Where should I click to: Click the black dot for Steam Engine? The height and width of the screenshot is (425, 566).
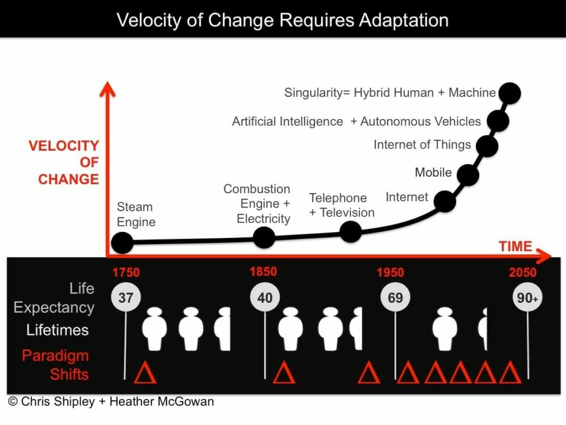click(x=122, y=242)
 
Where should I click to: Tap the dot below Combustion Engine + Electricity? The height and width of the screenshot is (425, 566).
click(x=264, y=237)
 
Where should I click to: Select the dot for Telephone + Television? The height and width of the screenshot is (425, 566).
click(x=350, y=231)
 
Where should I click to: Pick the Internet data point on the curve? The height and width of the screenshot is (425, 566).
click(x=445, y=201)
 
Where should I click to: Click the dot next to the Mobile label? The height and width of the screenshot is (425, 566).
click(x=468, y=175)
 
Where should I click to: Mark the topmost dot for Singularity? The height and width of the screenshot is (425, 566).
click(x=509, y=92)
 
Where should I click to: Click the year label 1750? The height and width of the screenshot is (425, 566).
click(x=126, y=272)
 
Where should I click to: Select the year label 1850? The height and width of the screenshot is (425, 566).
click(x=263, y=272)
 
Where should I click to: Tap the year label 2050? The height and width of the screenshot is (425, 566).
click(x=522, y=272)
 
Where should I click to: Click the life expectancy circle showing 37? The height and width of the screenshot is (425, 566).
click(x=126, y=298)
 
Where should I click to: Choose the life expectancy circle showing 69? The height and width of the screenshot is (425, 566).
click(x=395, y=298)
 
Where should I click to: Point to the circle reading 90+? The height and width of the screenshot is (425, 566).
click(x=527, y=298)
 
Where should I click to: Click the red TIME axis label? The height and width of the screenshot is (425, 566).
click(x=515, y=246)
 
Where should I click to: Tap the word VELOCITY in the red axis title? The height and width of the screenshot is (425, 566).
click(x=64, y=146)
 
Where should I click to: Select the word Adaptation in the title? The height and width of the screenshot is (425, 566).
click(x=402, y=20)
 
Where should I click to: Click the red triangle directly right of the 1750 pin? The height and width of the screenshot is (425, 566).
click(x=145, y=373)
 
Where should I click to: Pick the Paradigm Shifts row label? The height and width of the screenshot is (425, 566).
click(x=55, y=365)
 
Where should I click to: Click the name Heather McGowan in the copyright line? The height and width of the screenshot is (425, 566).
click(x=163, y=402)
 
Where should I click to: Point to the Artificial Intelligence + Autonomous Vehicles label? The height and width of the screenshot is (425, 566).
click(x=357, y=121)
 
